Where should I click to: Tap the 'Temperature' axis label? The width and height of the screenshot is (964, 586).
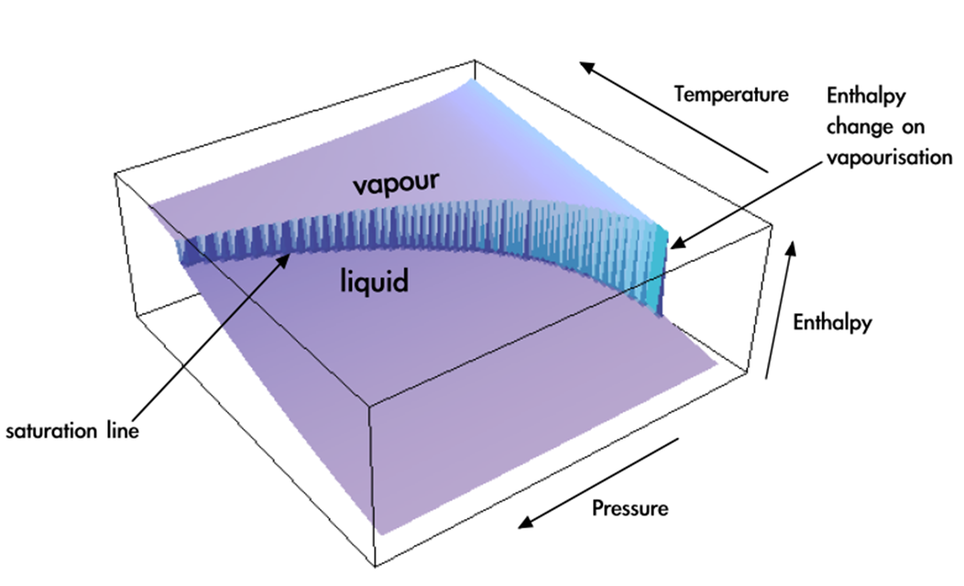[730, 93]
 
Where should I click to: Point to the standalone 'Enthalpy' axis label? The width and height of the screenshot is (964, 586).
[831, 322]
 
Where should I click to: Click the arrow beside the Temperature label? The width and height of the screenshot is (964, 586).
[674, 116]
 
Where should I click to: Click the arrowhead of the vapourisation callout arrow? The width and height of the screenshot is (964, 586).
[676, 244]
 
